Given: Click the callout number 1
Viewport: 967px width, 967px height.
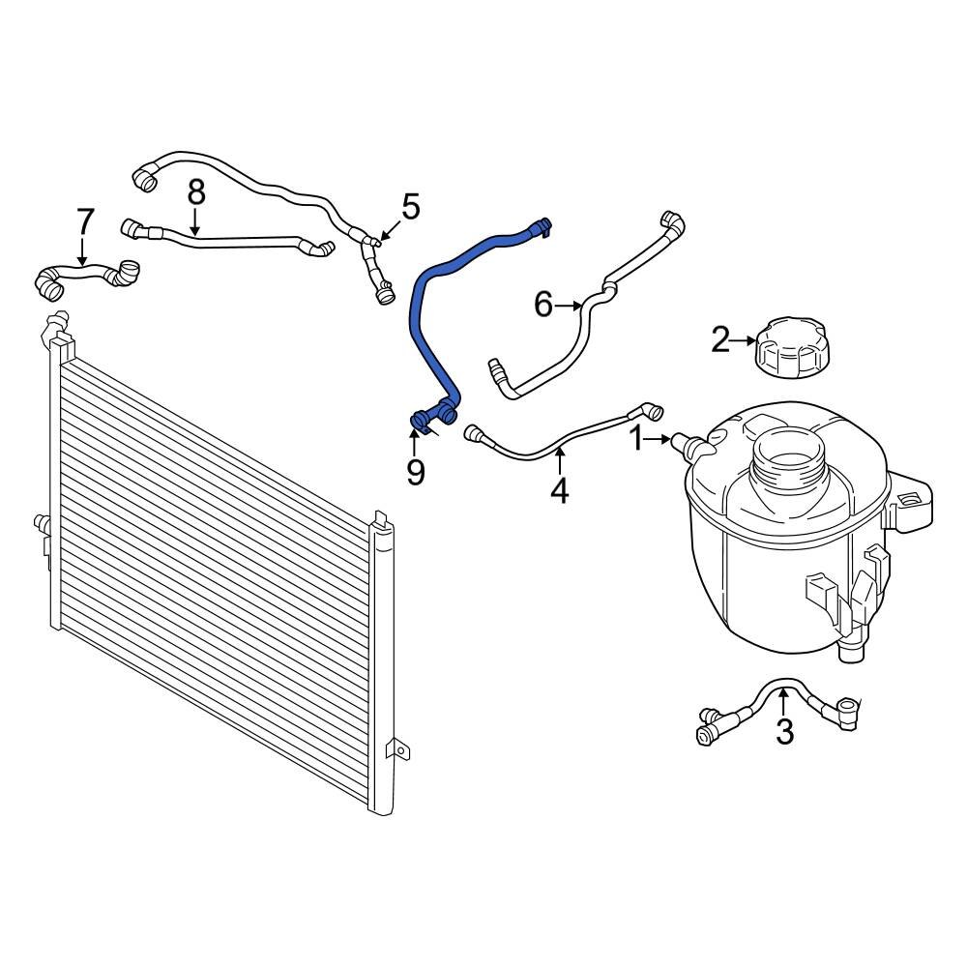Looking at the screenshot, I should [636, 439].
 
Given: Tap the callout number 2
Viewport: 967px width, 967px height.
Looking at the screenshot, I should [720, 339].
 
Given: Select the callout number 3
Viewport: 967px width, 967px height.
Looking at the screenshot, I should [784, 732].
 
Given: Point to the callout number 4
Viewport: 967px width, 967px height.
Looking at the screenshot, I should [559, 490].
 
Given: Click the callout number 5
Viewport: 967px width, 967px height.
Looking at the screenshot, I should [410, 206].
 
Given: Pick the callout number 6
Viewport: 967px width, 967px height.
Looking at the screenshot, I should [543, 306].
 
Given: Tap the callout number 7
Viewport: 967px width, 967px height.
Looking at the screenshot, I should [85, 221].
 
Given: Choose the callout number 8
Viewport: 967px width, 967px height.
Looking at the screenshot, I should [196, 191].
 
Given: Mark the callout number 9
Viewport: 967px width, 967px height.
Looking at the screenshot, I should [415, 472].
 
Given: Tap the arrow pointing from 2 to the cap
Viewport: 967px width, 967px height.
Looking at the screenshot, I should [745, 340].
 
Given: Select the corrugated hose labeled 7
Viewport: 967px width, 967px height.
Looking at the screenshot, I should [87, 278].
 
